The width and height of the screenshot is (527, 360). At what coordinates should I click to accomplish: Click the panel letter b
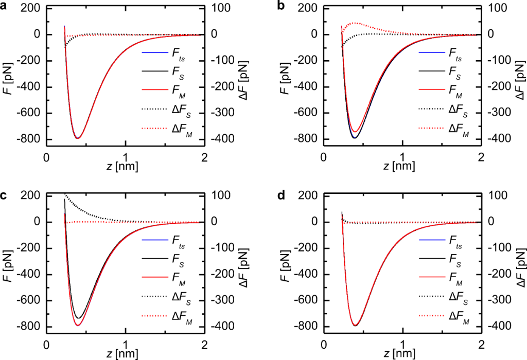(x=280, y=6)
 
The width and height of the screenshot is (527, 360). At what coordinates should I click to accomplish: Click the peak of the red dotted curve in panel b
(x=354, y=23)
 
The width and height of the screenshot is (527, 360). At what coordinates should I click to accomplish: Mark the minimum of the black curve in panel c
(x=78, y=318)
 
